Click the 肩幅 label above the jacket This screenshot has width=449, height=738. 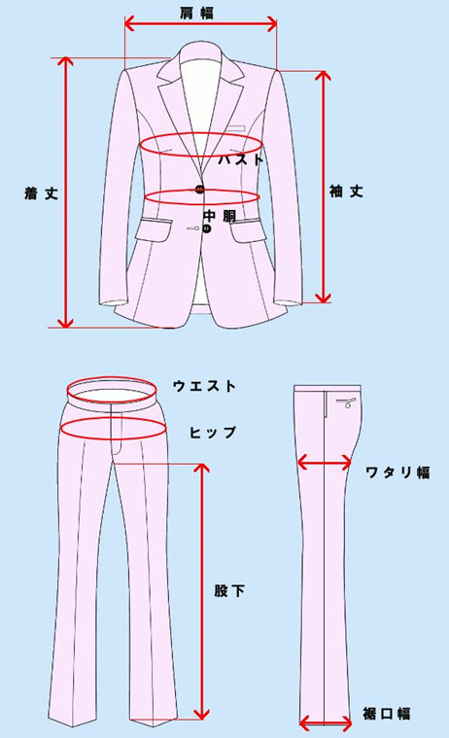coord(196,13)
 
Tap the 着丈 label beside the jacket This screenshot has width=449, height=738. coord(42,193)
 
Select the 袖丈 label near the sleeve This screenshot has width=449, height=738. coord(346,192)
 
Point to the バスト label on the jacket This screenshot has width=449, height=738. coord(240,159)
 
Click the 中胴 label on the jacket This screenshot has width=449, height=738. coord(220,216)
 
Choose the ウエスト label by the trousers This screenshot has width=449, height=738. coord(204,386)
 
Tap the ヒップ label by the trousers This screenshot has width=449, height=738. coord(213,432)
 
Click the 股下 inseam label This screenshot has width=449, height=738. coord(229,590)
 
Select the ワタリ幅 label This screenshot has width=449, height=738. coord(397,473)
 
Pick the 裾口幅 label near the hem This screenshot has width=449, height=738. coord(387,714)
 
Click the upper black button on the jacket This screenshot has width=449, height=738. coord(200,190)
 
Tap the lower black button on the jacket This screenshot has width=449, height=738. coord(207,228)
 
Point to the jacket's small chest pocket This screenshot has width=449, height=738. coord(235,127)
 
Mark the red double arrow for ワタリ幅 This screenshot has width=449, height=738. coord(325,464)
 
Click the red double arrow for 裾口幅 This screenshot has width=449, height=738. coord(326,723)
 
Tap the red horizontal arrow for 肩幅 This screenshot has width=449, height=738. coord(201,23)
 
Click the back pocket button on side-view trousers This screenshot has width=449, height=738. coord(348,405)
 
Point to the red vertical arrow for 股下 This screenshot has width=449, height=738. coord(202,590)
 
